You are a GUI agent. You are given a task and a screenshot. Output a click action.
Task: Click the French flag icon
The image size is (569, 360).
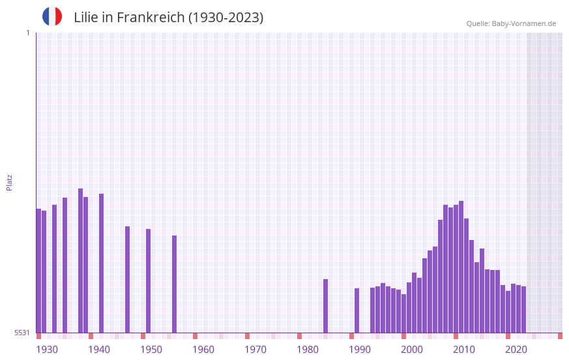[52, 16]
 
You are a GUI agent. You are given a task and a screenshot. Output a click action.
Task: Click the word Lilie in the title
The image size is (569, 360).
[86, 18]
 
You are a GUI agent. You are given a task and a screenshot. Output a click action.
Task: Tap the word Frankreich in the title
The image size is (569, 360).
[151, 18]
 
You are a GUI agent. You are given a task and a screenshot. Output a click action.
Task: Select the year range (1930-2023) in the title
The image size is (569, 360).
[226, 18]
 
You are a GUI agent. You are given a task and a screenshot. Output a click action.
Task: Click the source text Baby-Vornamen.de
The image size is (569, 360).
[524, 23]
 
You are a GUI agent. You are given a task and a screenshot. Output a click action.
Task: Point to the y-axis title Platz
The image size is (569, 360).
[9, 182]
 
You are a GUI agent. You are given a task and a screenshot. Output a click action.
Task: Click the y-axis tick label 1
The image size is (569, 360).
[27, 33]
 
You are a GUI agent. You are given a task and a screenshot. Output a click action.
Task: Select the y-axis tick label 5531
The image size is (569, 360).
[22, 333]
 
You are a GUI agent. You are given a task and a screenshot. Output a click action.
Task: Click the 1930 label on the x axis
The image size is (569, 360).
[47, 350]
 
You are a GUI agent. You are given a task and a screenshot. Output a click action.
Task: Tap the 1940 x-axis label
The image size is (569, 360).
[99, 350]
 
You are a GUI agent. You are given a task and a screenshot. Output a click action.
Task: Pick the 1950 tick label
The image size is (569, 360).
[151, 350]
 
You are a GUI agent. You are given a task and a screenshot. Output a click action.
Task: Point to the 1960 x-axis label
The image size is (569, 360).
[203, 350]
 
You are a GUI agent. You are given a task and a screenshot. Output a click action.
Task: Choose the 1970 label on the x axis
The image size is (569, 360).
[255, 350]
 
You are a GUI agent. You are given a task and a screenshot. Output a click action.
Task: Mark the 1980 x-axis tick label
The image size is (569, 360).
[308, 350]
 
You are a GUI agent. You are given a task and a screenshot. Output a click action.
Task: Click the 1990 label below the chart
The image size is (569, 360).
[360, 350]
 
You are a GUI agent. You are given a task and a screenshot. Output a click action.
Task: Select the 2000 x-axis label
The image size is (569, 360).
[412, 350]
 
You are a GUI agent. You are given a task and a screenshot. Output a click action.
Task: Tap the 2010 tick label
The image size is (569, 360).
[464, 350]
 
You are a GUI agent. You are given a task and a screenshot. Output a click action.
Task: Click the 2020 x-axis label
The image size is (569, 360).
[516, 350]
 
